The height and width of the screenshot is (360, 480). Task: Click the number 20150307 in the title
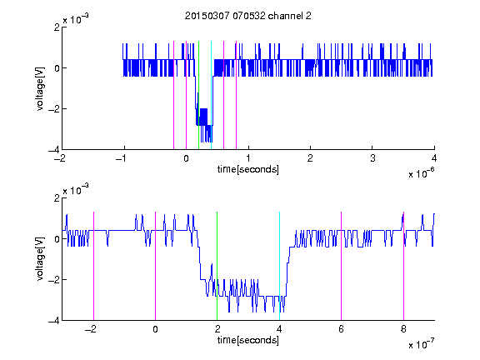click(x=207, y=16)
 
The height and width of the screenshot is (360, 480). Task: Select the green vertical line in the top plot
click(x=198, y=95)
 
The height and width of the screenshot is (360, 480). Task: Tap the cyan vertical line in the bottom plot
click(x=279, y=266)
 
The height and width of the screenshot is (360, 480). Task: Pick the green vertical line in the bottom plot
click(x=217, y=266)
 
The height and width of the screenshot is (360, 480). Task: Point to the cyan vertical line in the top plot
click(x=211, y=95)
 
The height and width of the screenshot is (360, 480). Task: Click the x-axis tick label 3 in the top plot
click(x=372, y=158)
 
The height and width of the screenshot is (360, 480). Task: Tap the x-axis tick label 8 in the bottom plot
click(x=403, y=329)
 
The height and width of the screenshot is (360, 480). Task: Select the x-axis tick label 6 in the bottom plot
click(x=341, y=329)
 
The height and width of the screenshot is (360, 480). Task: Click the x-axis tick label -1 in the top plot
click(x=122, y=158)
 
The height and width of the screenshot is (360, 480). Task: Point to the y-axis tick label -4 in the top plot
click(x=54, y=150)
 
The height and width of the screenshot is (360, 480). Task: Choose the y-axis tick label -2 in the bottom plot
click(x=54, y=279)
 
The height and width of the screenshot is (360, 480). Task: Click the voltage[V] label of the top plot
click(x=40, y=89)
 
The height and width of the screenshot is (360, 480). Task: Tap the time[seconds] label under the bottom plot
click(x=248, y=340)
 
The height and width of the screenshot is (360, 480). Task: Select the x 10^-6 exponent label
click(x=422, y=173)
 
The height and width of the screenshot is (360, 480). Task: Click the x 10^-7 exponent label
click(x=422, y=344)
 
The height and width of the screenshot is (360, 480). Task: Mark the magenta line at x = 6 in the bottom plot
click(x=341, y=266)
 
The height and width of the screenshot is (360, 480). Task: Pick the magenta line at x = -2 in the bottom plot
click(x=93, y=266)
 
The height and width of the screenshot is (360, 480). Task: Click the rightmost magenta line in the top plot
click(x=236, y=95)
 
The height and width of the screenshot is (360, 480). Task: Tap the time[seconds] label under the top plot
click(x=248, y=169)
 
